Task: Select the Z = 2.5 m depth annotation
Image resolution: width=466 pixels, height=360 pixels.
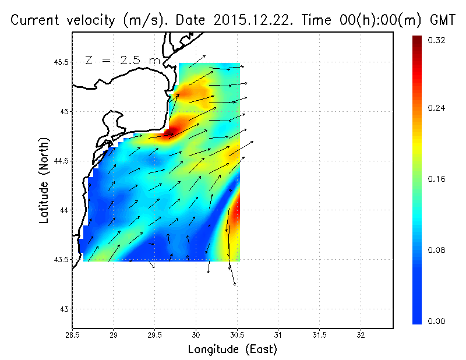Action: coord(122,60)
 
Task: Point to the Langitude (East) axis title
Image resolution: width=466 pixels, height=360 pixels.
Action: coord(232,349)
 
